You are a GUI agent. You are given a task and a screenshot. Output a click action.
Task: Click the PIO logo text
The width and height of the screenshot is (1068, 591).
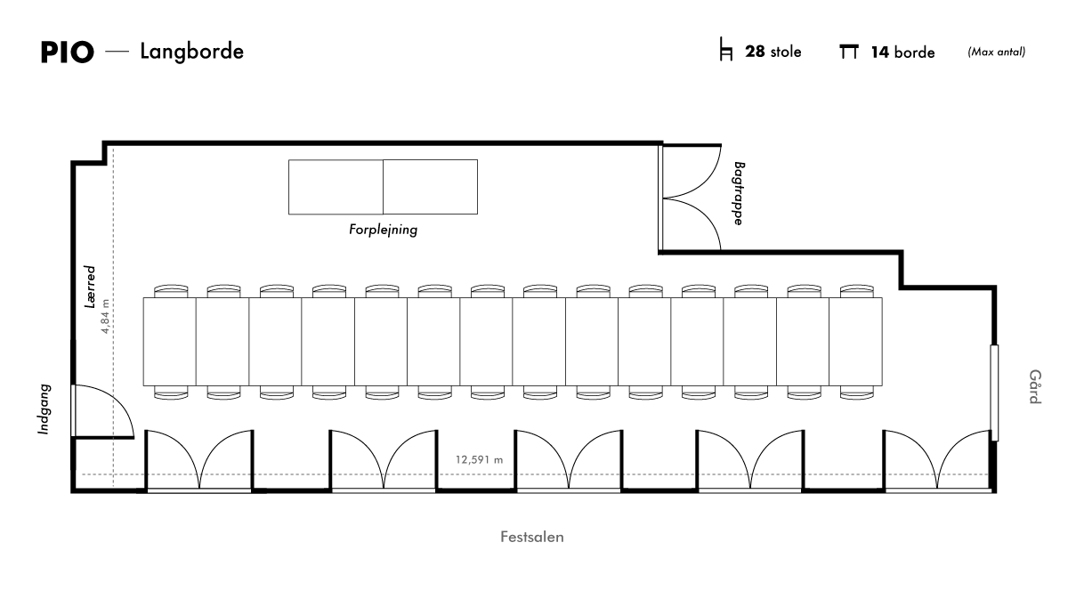(x=68, y=52)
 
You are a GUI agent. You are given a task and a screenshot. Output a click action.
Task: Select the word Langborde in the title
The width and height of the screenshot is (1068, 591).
(x=191, y=52)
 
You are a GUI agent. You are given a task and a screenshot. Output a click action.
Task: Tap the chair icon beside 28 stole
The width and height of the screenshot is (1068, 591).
(x=725, y=49)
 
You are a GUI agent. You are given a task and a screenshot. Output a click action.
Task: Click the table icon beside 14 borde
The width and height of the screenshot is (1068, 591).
(x=849, y=52)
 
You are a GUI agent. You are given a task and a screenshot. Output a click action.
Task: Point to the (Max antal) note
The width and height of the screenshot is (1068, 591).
(x=997, y=52)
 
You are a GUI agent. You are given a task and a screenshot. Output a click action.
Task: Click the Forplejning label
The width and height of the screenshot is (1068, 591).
(x=383, y=230)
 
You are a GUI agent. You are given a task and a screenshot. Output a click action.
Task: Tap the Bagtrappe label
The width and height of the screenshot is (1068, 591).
(x=738, y=193)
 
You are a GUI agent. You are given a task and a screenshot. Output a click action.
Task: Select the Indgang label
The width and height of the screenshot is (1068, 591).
(x=44, y=409)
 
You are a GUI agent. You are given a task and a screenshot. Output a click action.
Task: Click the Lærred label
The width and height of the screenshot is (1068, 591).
(x=90, y=287)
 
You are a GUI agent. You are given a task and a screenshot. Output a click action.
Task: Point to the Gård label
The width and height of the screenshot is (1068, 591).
(x=1034, y=386)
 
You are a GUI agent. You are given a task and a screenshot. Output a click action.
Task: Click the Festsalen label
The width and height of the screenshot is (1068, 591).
(x=531, y=537)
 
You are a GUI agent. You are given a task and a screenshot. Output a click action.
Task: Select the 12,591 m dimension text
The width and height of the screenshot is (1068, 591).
(x=479, y=460)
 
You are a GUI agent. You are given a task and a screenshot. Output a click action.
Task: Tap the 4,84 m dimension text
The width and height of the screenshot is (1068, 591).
(x=105, y=316)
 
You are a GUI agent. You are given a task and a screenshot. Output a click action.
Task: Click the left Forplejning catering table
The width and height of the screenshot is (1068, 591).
(x=336, y=187)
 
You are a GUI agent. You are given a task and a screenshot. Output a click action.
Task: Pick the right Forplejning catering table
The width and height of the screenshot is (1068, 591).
(x=430, y=187)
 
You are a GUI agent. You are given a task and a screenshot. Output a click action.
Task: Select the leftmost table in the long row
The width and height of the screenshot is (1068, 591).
(x=169, y=342)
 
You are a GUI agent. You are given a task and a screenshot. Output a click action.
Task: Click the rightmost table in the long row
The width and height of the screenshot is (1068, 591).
(x=856, y=342)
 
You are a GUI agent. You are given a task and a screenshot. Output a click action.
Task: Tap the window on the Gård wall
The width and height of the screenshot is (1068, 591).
(x=994, y=393)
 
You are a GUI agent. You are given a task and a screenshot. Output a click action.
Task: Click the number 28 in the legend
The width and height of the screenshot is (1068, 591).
(x=755, y=52)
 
